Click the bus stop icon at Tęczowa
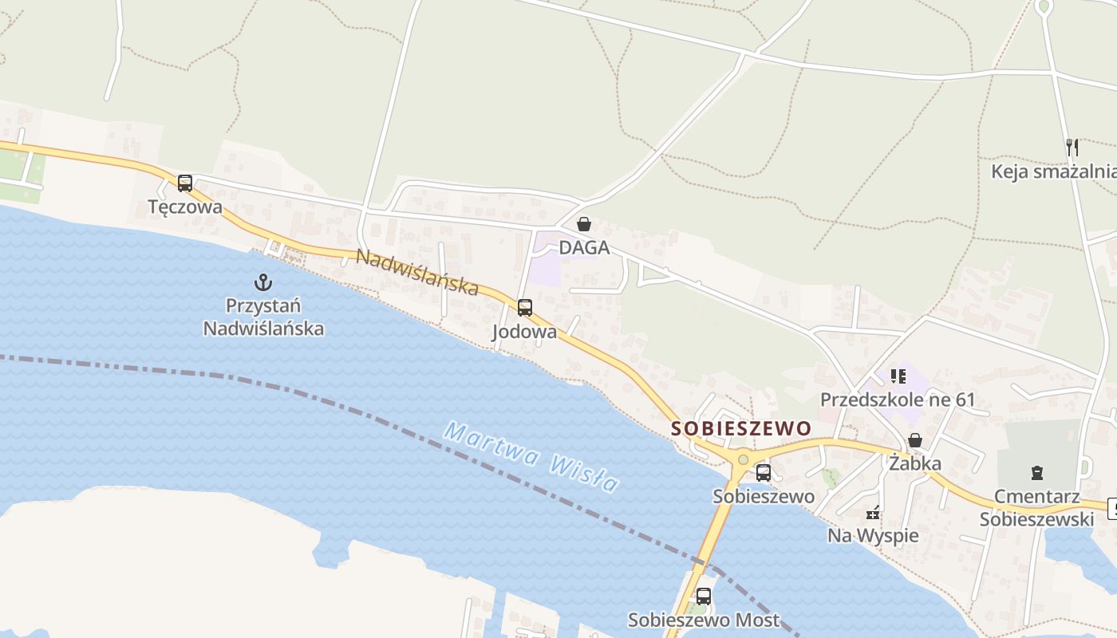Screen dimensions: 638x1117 [x=184, y=183]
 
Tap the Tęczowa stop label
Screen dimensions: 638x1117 [x=185, y=207]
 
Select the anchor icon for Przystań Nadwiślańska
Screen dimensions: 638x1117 [x=263, y=282]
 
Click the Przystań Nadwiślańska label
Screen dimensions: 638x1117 [x=263, y=317]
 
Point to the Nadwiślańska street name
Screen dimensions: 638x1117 [x=416, y=272]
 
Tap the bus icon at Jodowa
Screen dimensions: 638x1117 [x=524, y=307]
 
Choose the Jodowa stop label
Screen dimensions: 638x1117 [x=524, y=331]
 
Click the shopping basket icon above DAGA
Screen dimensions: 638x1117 [x=584, y=224]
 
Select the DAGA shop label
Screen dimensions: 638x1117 [x=584, y=247]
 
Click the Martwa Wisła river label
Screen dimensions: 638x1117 [x=532, y=458]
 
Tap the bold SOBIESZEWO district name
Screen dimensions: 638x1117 [x=740, y=428]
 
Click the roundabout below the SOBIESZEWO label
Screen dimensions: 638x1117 [x=744, y=459]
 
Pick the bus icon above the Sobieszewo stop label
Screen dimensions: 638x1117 [x=764, y=472]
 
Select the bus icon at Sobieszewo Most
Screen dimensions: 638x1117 [x=703, y=596]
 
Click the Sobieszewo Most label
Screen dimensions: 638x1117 [x=703, y=620]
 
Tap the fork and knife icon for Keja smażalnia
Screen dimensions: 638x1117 [x=1072, y=148]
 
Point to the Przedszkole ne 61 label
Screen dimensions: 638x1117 [x=898, y=400]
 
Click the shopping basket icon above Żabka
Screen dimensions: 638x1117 [x=915, y=440]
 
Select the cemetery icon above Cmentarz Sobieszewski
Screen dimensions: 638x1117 [x=1036, y=473]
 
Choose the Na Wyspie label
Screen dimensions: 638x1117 [x=873, y=535]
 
